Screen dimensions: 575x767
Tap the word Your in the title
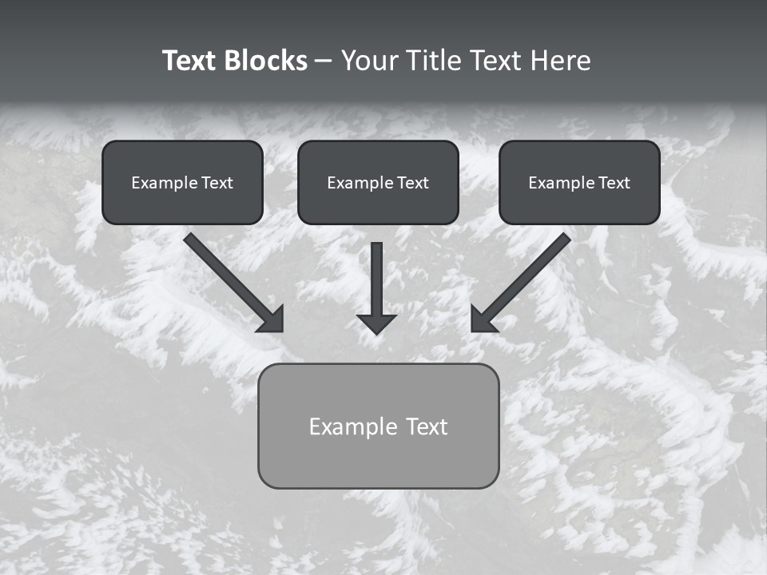click(x=372, y=61)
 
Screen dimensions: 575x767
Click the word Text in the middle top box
click(x=413, y=183)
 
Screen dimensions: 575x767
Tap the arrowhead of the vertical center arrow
click(x=376, y=323)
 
